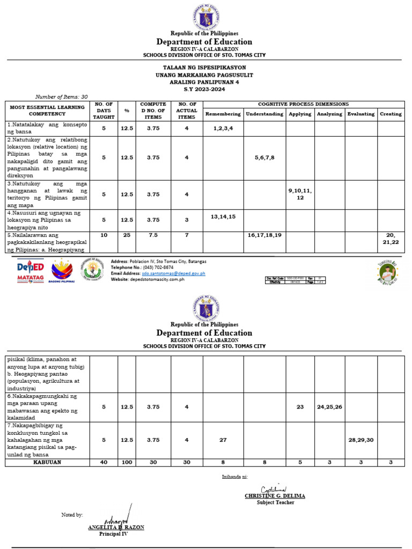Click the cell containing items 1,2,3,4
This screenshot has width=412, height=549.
click(x=223, y=129)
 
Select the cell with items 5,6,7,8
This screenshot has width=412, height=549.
click(x=264, y=158)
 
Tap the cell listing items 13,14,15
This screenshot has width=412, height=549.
click(x=223, y=217)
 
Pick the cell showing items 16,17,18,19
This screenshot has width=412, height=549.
click(x=264, y=235)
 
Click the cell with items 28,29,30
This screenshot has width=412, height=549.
click(x=360, y=440)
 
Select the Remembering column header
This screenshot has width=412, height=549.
click(x=223, y=114)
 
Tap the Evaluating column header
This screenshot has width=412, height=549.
click(x=360, y=114)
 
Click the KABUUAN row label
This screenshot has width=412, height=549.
click(x=47, y=462)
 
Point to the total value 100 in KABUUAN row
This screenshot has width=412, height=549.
click(x=127, y=462)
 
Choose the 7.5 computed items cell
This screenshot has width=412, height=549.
click(x=153, y=235)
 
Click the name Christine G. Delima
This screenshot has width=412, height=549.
click(x=275, y=496)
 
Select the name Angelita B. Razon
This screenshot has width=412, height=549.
click(x=116, y=528)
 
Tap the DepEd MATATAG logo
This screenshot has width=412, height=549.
click(x=30, y=271)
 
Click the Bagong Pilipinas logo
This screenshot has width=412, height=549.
click(x=61, y=271)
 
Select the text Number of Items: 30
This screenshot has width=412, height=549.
click(x=61, y=97)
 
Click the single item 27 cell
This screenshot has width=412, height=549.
click(x=223, y=440)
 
